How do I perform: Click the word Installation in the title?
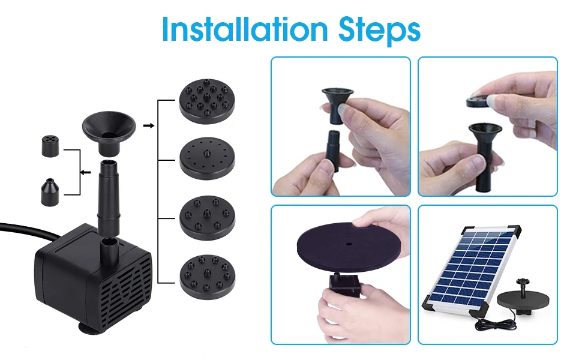pyautogui.click(x=245, y=29)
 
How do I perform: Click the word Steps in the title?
pyautogui.click(x=379, y=29)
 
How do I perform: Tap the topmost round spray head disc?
pyautogui.click(x=207, y=101)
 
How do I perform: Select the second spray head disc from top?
pyautogui.click(x=207, y=158)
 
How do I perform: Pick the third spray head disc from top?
pyautogui.click(x=207, y=218)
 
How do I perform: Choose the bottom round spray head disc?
pyautogui.click(x=207, y=277)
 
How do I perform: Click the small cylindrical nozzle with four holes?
pyautogui.click(x=50, y=146)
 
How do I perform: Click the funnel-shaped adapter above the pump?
pyautogui.click(x=109, y=133)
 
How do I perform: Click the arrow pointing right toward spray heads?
pyautogui.click(x=148, y=126)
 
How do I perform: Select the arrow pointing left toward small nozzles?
pyautogui.click(x=86, y=172)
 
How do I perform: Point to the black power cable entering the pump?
pyautogui.click(x=29, y=231)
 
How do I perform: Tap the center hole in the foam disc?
pyautogui.click(x=349, y=244)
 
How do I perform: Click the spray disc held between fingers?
pyautogui.click(x=482, y=101)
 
